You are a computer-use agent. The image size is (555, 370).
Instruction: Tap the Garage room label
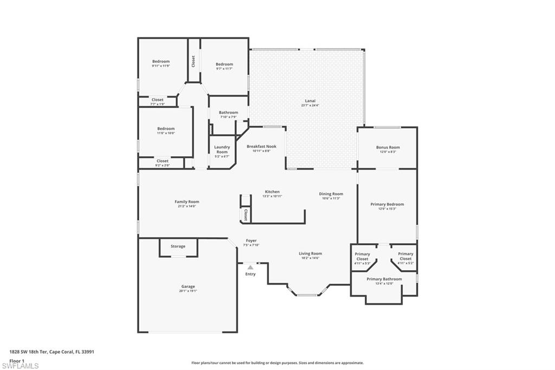coord(188,286)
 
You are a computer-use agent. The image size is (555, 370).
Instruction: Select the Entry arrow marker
coord(250,267)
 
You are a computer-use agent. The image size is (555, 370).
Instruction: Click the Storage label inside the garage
coord(178,246)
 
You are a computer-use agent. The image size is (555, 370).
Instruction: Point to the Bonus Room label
coord(388,148)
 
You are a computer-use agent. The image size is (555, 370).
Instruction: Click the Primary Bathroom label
coord(384,279)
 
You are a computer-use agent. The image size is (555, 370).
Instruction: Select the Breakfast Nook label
coord(261,146)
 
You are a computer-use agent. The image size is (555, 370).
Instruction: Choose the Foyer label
coord(251,240)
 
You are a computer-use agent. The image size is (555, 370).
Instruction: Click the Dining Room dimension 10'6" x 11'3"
coord(331,199)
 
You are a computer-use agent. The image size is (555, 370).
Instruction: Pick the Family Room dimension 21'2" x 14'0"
coord(187,206)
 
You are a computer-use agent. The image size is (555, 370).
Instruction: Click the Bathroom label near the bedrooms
coord(228,112)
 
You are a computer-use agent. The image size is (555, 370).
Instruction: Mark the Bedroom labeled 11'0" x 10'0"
coord(166,129)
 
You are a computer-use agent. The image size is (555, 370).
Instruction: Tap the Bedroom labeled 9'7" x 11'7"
coord(224,64)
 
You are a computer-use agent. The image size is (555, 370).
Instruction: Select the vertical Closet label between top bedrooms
coord(193,61)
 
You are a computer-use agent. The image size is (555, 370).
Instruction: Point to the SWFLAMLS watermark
coord(20,366)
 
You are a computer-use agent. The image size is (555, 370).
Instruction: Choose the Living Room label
coord(310,253)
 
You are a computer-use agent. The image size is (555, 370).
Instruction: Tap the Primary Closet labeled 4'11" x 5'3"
coord(362,256)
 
